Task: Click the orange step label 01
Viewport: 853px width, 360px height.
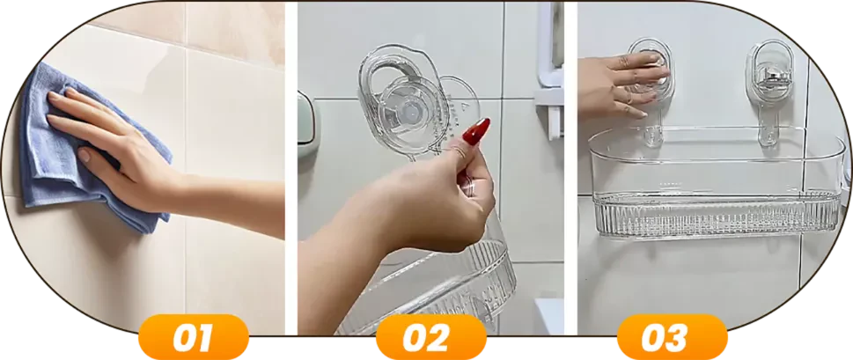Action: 194,337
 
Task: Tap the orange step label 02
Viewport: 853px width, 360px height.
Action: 430,337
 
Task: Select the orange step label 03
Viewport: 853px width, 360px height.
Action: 672,337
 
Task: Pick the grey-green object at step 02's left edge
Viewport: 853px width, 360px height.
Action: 305,119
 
